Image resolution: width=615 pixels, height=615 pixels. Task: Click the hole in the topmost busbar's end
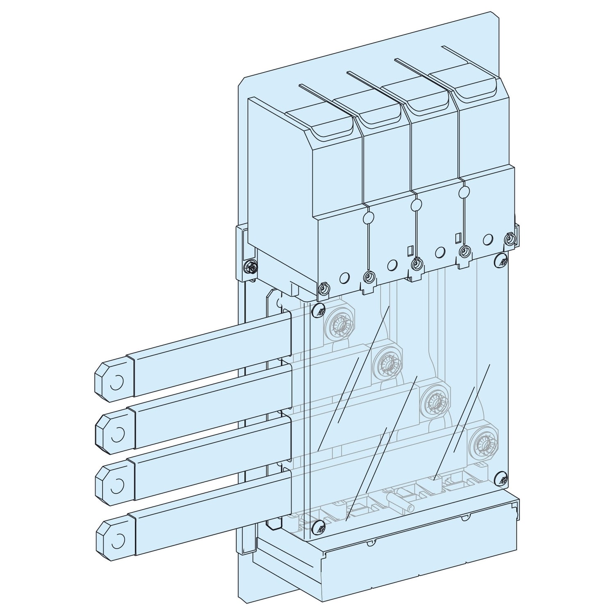point(116,382)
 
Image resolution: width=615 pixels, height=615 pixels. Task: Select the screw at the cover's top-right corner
point(501,259)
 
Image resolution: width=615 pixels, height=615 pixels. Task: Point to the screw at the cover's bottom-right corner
point(501,478)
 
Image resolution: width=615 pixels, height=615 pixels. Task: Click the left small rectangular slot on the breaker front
point(410,250)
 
